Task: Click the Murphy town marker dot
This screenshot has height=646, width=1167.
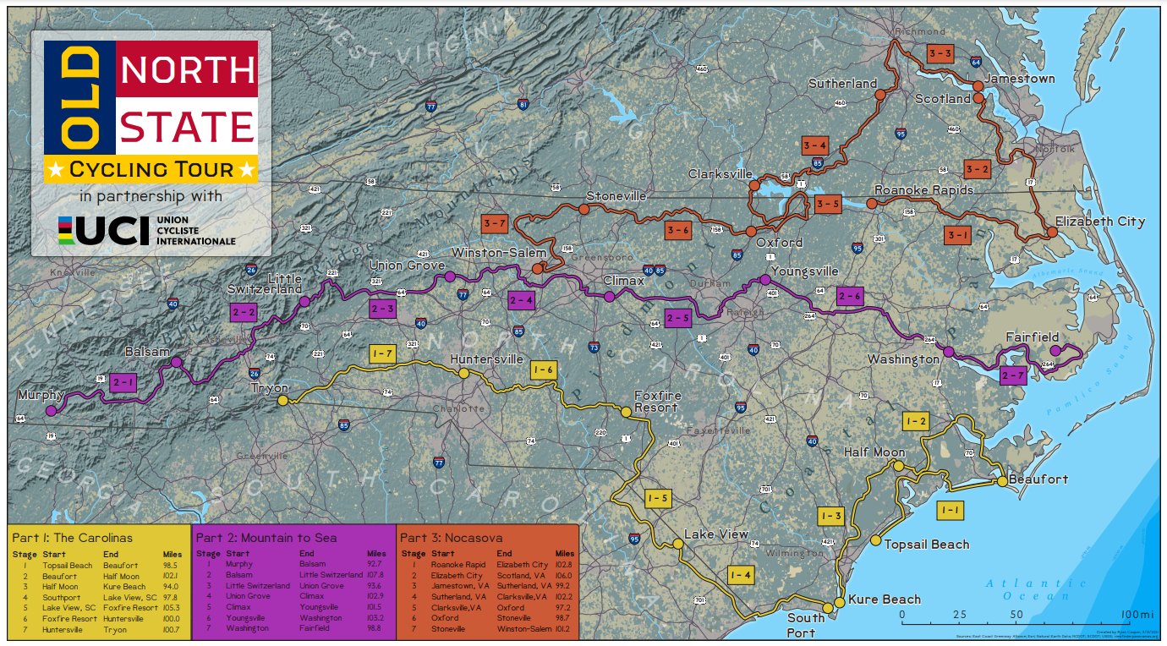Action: coord(51,411)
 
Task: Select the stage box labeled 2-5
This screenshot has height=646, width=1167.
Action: coord(678,319)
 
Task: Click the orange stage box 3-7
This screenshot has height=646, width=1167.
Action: coord(494,223)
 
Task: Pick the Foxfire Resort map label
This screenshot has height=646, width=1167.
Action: coord(656,401)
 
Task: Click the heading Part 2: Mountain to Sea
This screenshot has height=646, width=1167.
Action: coord(266,538)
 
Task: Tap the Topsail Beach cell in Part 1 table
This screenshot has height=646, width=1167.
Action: coord(68,566)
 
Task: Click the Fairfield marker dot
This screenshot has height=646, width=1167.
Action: coord(1055,350)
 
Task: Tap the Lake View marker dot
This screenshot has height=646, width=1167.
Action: coord(678,544)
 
